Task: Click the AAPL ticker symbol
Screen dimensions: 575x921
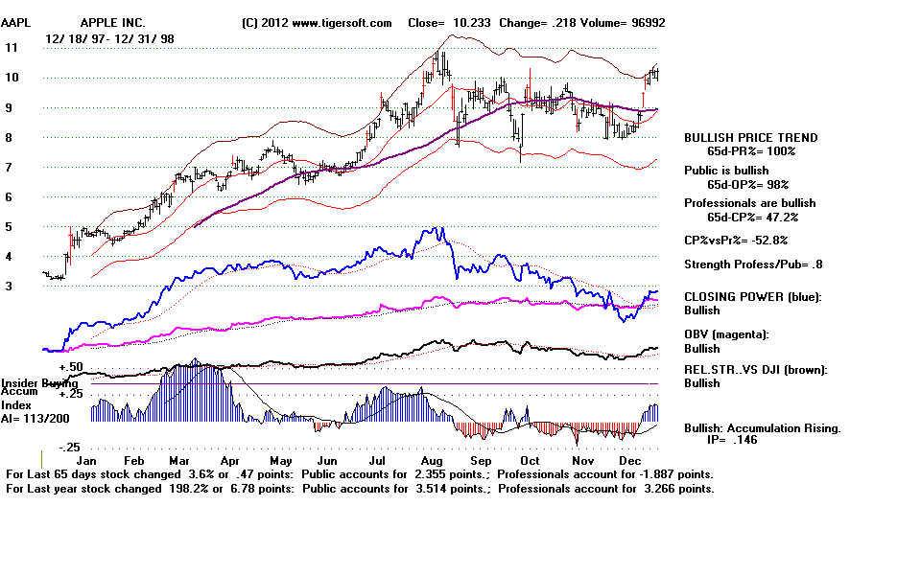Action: point(17,22)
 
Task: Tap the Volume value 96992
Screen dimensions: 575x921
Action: point(644,22)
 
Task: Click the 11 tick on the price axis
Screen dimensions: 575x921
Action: point(12,47)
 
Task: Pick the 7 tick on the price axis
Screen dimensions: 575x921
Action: point(9,168)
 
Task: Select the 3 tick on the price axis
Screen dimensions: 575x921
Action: point(9,287)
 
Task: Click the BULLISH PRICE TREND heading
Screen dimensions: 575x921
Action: point(750,138)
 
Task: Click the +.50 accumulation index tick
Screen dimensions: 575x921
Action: point(72,367)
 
